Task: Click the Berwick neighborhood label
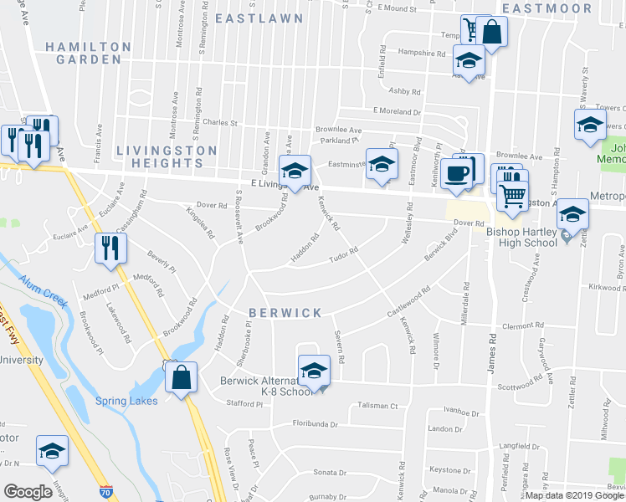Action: (285, 313)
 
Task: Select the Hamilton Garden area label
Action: (83, 53)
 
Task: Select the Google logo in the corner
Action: (28, 492)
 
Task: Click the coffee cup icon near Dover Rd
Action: (457, 173)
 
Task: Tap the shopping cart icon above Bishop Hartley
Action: (512, 196)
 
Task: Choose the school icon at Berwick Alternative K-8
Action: (314, 369)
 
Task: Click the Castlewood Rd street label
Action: (408, 298)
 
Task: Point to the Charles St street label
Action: (219, 122)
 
